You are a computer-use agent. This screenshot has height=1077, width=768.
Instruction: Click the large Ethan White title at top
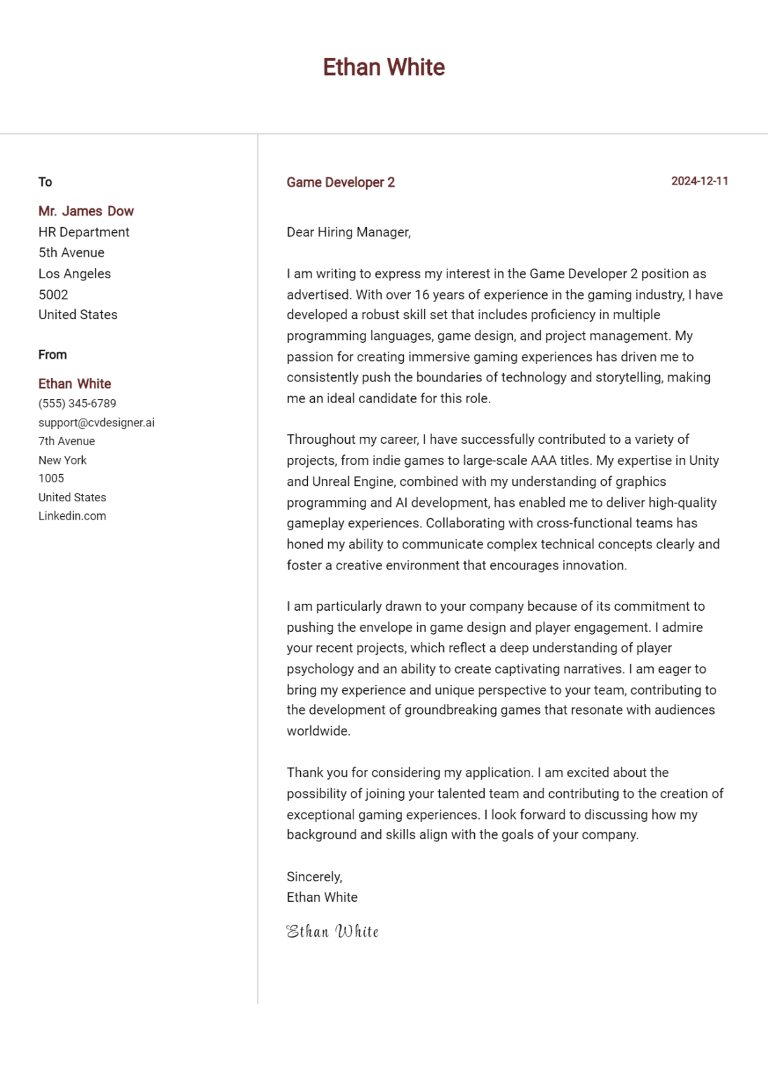(384, 67)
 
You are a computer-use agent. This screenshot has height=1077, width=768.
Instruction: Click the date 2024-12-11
(699, 181)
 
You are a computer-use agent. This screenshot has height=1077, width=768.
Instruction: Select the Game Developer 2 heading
(340, 182)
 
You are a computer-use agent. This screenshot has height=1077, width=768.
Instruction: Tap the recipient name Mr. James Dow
(86, 211)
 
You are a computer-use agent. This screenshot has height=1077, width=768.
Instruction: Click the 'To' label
(45, 182)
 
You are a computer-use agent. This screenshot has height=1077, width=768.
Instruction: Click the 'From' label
(53, 355)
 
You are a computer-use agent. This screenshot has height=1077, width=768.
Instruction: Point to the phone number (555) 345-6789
(77, 403)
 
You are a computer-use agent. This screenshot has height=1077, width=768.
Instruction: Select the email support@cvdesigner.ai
(96, 422)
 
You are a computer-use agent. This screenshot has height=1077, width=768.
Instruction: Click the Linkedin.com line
(72, 515)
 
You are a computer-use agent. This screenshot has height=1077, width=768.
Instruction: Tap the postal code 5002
(53, 294)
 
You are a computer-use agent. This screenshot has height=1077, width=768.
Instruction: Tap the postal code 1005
(51, 478)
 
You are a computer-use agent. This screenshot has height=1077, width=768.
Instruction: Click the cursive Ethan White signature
(332, 931)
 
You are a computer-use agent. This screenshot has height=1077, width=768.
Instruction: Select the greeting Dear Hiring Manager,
(349, 232)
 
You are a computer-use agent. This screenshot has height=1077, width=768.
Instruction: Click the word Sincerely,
(314, 876)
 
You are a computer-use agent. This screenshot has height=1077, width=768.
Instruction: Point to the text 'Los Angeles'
(74, 273)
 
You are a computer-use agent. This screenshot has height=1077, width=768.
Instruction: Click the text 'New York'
(62, 460)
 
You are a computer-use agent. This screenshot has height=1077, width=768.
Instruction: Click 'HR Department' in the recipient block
(83, 232)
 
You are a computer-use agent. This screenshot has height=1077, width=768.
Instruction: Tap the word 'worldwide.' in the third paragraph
(318, 731)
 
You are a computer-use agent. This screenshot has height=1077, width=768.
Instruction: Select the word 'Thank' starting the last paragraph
(305, 773)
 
